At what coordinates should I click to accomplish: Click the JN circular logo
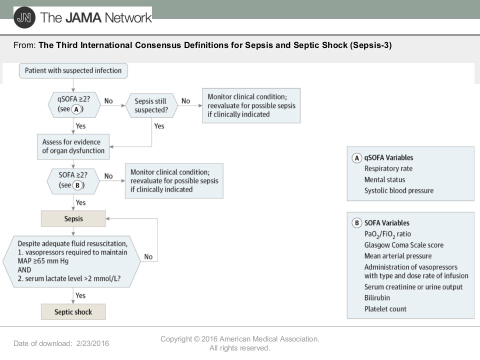tap(24, 18)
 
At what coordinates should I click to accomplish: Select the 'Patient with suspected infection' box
tap(73, 70)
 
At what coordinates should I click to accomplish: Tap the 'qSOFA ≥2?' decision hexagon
tap(74, 105)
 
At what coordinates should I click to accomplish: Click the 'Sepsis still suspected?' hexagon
tap(151, 105)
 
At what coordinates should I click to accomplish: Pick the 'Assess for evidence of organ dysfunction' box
tap(73, 146)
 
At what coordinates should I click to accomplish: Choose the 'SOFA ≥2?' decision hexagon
tap(73, 181)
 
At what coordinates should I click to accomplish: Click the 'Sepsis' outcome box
tap(73, 218)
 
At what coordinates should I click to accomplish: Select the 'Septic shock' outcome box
tap(73, 312)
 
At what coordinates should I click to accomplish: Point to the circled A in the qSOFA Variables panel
tap(356, 158)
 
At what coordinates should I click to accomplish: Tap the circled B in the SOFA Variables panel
tap(356, 223)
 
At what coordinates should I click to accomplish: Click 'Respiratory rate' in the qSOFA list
tap(388, 168)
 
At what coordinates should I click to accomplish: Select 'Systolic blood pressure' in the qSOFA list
tap(399, 190)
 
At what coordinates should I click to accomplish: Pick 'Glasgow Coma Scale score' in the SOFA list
tap(404, 245)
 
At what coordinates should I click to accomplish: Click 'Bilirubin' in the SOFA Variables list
tap(377, 298)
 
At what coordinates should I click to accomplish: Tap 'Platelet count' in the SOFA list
tap(385, 309)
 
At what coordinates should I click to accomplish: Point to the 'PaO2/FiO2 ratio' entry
tap(387, 234)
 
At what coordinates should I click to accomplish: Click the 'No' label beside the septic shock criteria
tap(148, 257)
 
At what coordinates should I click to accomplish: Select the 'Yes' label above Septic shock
tap(80, 295)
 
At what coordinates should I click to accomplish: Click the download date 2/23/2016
tap(93, 343)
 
